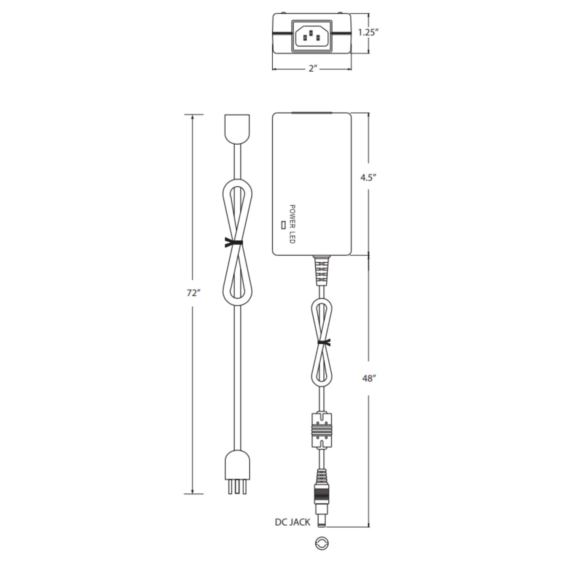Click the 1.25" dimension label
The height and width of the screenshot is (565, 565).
(x=368, y=32)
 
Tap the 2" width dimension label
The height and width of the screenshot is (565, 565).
(x=313, y=69)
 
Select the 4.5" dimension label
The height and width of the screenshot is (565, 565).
(x=368, y=177)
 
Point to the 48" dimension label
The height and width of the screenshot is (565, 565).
(x=369, y=378)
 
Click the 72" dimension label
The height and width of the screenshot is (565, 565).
(x=193, y=293)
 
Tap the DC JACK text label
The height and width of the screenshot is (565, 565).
(x=292, y=522)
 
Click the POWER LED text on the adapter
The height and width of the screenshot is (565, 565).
(x=292, y=224)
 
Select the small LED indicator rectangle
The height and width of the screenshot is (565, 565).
(x=283, y=225)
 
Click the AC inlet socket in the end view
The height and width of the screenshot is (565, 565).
(x=312, y=36)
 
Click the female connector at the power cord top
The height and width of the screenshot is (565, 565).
(x=237, y=128)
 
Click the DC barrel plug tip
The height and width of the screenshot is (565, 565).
(x=322, y=520)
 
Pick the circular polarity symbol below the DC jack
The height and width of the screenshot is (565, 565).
(x=322, y=543)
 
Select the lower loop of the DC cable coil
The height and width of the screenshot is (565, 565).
(x=322, y=368)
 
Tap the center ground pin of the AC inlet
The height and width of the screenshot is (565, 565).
(x=311, y=33)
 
